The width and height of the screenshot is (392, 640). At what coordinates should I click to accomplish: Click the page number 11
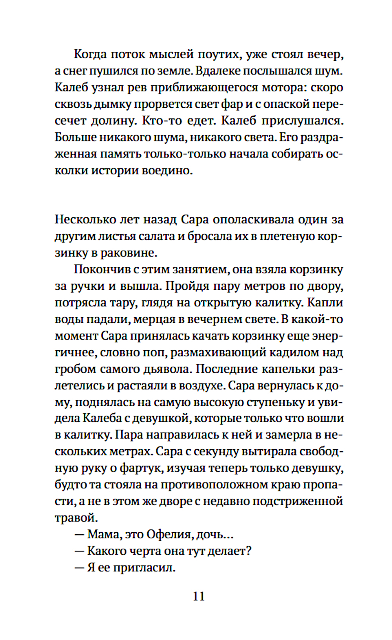coord(199,596)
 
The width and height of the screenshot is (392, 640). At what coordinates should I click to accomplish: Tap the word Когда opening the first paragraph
coord(90,54)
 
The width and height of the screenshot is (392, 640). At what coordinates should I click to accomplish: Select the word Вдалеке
coord(218,71)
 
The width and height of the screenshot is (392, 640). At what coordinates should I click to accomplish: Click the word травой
coord(76,518)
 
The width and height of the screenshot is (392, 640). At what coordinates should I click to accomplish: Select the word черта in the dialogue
coord(143,551)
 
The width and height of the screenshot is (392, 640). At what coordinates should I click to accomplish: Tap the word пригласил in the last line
coord(144,568)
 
